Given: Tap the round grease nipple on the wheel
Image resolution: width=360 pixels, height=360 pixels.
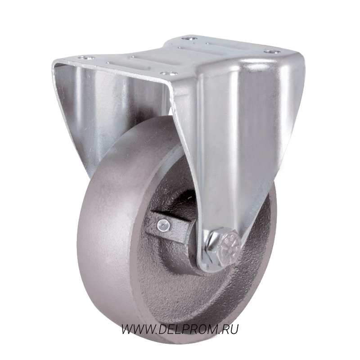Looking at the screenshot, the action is point(164,225).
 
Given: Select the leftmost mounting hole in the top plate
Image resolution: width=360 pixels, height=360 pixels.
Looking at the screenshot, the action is point(86,58).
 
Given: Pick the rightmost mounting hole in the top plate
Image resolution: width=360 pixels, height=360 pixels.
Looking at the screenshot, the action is point(272,52).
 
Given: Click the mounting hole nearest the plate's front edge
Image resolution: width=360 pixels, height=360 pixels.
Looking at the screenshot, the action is point(169,73).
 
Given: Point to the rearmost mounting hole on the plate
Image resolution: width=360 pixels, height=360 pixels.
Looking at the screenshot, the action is point(189,38).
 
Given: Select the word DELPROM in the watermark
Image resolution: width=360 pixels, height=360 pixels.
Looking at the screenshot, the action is point(189,329).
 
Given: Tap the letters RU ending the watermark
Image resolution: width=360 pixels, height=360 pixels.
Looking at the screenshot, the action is point(230,329).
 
